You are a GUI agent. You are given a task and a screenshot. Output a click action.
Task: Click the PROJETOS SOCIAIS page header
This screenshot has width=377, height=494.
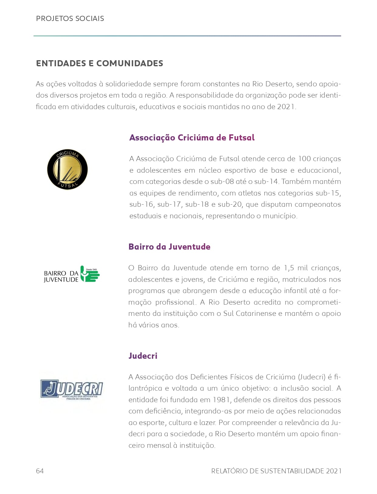70,19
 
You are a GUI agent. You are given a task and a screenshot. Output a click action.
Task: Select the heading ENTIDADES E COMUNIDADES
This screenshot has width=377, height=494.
99,63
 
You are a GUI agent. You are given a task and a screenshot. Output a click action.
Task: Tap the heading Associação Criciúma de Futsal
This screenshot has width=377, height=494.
192,138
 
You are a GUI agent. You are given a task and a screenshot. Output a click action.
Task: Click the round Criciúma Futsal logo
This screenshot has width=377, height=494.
67,170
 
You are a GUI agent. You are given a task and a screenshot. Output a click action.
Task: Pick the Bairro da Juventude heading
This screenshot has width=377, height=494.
169,247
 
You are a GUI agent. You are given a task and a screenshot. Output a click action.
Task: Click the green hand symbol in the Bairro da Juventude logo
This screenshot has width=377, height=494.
90,274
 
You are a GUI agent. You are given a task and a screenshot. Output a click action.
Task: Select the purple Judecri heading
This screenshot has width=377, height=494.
143,356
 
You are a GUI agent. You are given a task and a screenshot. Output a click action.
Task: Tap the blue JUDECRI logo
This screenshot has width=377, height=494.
72,389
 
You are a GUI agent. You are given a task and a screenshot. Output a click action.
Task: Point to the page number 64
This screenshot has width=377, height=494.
40,471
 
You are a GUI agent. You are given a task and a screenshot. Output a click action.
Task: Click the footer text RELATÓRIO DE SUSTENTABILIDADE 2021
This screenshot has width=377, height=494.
276,471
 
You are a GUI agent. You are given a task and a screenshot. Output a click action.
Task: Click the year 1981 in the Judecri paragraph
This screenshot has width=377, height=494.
221,400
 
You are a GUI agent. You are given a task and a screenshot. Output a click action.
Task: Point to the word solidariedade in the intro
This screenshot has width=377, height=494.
128,84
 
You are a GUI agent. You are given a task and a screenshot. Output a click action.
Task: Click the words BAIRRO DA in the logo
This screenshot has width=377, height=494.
61,273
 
